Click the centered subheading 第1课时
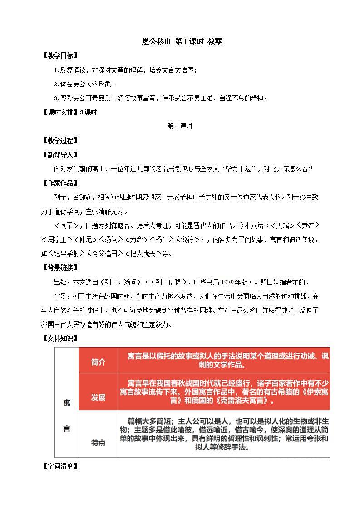(x=180, y=127)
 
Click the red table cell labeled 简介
(x=98, y=362)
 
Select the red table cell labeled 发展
(x=98, y=397)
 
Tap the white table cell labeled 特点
(x=98, y=442)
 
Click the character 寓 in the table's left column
(x=67, y=403)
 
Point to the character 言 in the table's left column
(x=67, y=428)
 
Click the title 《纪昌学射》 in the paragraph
(x=74, y=254)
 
